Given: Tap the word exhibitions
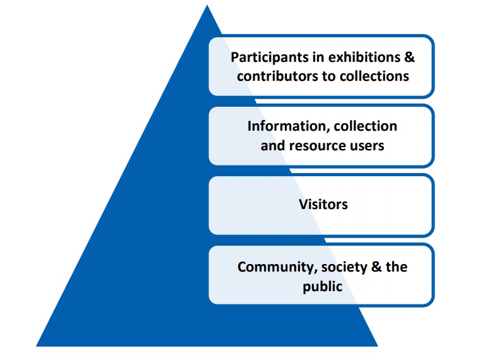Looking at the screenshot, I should [x=363, y=57].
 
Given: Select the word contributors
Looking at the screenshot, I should [x=273, y=76].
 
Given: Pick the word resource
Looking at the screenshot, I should [x=322, y=145].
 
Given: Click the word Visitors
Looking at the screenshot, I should [x=323, y=205].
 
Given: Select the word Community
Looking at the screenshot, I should [x=275, y=267].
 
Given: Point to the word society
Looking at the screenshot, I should [x=342, y=267].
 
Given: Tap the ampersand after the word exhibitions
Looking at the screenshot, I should [x=409, y=57].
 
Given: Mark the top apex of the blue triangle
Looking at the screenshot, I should [x=207, y=6].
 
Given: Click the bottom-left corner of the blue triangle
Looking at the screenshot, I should [x=37, y=345].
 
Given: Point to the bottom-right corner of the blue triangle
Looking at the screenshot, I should [x=377, y=345].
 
